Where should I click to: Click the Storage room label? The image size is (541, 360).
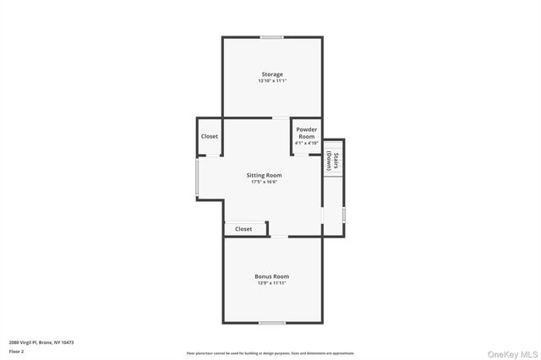click(272, 74)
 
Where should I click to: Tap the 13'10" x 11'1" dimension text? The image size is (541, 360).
click(272, 81)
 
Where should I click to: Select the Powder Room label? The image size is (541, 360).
click(306, 133)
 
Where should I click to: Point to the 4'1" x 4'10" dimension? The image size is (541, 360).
click(306, 143)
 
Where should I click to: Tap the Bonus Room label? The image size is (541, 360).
click(272, 276)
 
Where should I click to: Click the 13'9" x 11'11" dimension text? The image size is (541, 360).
click(272, 283)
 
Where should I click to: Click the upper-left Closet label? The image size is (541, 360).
click(210, 136)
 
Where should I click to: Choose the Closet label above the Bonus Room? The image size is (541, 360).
click(243, 229)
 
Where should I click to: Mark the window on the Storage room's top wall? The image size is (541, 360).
click(272, 37)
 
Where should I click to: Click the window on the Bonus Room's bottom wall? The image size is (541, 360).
click(272, 322)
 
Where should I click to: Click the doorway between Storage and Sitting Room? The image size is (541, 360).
click(278, 117)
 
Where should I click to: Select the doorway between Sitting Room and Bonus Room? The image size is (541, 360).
click(278, 237)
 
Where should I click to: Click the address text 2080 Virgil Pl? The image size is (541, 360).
click(41, 342)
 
